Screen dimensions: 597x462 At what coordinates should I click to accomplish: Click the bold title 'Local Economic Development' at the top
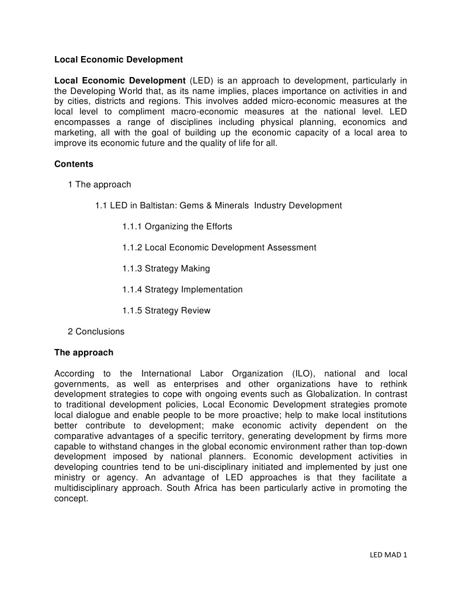coord(119,60)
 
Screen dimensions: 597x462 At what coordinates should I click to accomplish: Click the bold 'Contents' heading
coord(74,165)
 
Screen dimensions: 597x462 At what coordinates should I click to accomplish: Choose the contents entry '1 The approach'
coord(99,185)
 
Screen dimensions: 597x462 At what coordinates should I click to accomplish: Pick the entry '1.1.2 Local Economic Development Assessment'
coord(219,248)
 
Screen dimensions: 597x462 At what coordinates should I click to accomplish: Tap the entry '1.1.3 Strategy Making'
coord(166,269)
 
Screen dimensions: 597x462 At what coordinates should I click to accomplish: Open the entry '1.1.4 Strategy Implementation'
coord(182,290)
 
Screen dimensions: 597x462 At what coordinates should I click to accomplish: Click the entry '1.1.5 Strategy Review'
coord(166,311)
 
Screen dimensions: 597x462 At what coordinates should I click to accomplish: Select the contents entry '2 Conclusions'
coord(96,332)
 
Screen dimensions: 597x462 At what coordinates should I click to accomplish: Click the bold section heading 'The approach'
coord(84,353)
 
